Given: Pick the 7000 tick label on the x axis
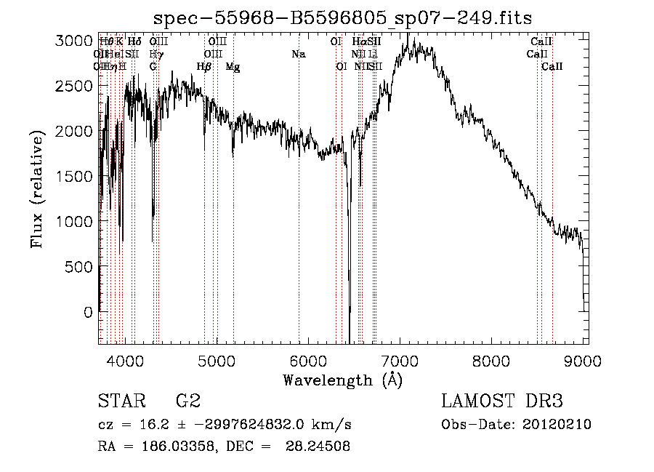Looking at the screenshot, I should point(399,360).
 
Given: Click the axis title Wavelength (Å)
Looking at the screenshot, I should point(342,380).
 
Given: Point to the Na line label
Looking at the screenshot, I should point(299,54).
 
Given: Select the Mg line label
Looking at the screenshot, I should point(233,67).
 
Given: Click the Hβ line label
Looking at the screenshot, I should point(204,67).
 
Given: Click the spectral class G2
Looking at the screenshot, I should point(187,401).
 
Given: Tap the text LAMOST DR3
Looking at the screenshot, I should point(502,401).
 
